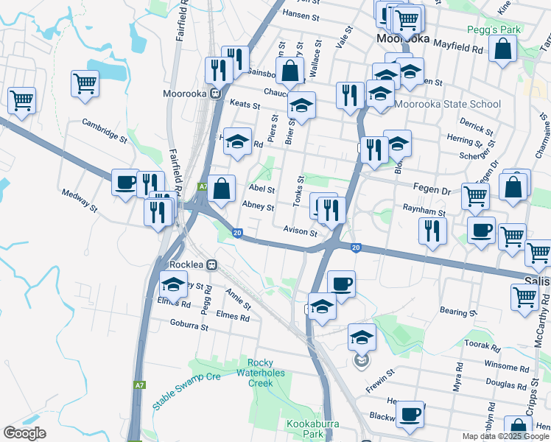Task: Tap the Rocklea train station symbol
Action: click(x=212, y=264)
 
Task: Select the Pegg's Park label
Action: click(x=494, y=30)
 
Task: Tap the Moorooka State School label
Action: click(x=448, y=104)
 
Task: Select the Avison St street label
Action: click(x=300, y=231)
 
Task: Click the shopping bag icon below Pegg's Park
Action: click(x=502, y=49)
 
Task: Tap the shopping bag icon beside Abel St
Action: click(x=221, y=189)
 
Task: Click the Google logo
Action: click(x=24, y=433)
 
